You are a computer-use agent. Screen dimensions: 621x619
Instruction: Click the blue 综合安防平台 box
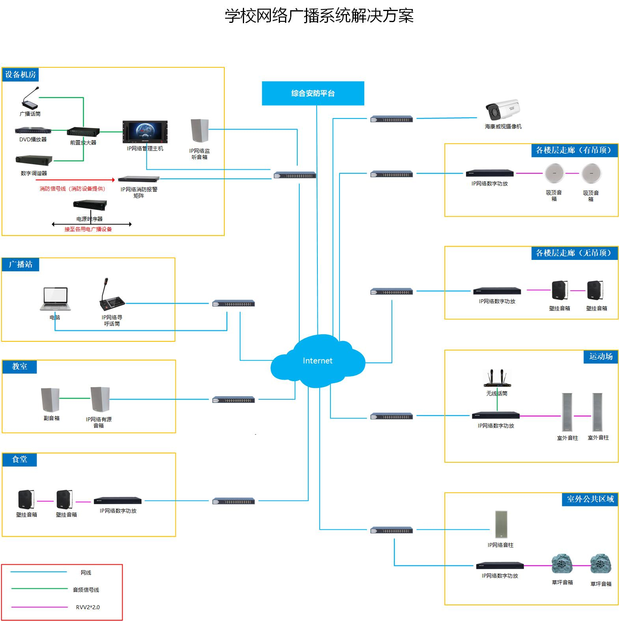313,93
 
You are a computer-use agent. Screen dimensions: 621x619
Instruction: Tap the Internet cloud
317,361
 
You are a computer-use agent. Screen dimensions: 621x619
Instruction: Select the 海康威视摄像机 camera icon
502,110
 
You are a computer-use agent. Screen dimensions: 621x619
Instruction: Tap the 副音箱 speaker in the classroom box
50,400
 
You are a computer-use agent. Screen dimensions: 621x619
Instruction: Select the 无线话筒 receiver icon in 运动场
497,379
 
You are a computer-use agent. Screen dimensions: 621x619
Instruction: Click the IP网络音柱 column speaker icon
501,525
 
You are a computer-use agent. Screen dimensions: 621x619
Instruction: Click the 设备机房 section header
21,74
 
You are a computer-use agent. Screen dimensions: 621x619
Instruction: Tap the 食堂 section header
20,460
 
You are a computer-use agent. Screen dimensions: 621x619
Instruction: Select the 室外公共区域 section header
590,499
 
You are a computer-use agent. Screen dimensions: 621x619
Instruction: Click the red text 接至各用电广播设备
88,229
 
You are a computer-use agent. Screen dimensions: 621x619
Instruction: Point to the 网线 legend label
86,573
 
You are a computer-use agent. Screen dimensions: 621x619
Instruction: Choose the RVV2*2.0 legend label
88,607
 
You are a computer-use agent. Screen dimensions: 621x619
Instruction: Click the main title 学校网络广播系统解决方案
319,16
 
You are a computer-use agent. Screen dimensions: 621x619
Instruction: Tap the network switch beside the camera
392,119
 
